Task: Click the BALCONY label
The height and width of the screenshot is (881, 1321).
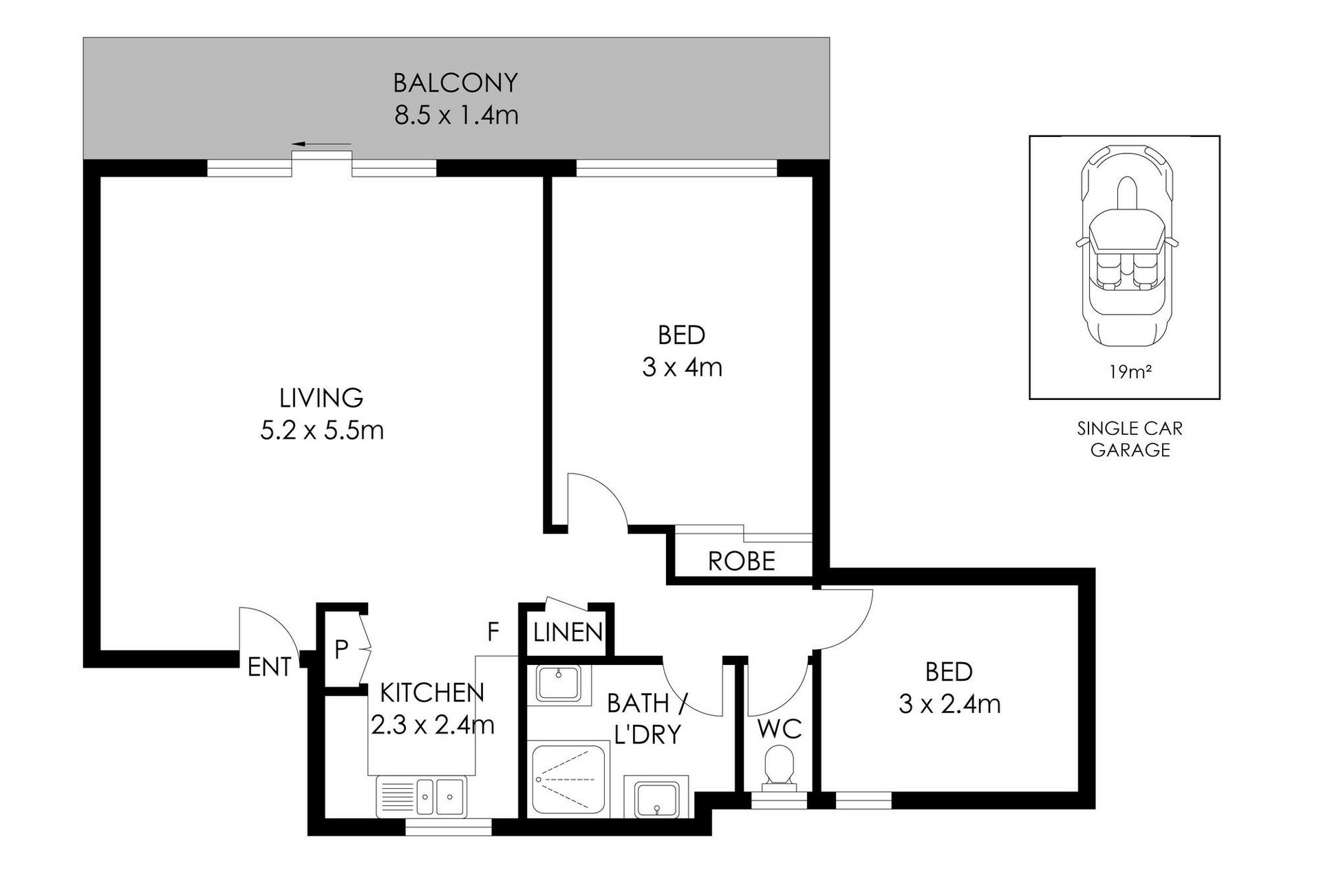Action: [455, 83]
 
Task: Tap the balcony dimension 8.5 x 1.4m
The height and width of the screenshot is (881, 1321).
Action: [456, 114]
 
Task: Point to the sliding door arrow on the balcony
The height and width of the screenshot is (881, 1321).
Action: [321, 144]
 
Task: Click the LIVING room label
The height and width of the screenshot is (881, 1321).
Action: [321, 398]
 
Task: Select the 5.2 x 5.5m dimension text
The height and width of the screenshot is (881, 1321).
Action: [321, 430]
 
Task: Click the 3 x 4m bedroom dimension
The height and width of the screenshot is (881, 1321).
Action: [682, 368]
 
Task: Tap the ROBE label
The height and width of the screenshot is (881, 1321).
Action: [742, 562]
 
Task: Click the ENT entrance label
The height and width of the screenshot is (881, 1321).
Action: [269, 666]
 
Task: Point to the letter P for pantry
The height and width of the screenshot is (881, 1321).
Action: [341, 649]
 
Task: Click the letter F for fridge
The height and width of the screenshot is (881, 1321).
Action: [493, 631]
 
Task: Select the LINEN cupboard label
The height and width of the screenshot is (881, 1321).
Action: [568, 632]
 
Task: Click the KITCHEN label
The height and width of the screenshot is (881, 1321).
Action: [432, 692]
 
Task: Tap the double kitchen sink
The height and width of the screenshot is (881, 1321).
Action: [422, 797]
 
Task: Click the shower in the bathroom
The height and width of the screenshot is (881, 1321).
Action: [569, 780]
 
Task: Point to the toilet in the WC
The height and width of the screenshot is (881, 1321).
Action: [779, 769]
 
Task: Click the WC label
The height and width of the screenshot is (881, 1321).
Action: [780, 729]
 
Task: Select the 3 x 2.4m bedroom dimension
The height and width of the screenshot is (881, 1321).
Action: [949, 703]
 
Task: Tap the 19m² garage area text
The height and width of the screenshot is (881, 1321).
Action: [1130, 372]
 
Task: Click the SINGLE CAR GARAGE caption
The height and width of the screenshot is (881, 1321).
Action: [1130, 439]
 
